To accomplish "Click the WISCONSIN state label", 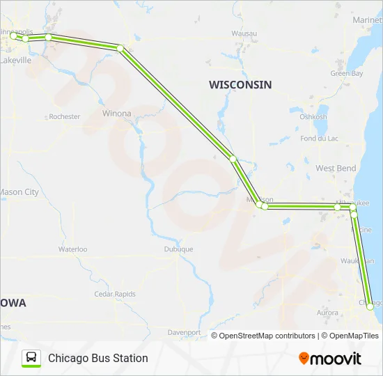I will coord(240,84).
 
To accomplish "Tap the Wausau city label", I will coord(244,33).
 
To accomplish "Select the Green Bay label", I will coord(347,73).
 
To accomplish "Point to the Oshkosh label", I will coord(313,117).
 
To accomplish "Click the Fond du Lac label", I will coord(320,139).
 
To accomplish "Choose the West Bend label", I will coord(336,169).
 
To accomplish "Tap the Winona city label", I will coord(116,113).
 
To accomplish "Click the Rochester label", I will coord(65,117).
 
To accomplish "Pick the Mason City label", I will coord(19,192).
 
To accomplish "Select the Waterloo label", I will coord(72,249).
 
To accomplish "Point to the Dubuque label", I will coord(178,249).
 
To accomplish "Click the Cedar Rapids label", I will coord(115,294).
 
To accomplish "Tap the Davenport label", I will coord(184,333).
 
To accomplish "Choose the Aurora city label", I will coord(327,313).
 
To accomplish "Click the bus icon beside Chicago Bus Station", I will coord(31,358).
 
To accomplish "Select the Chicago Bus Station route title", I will coord(98,358).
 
